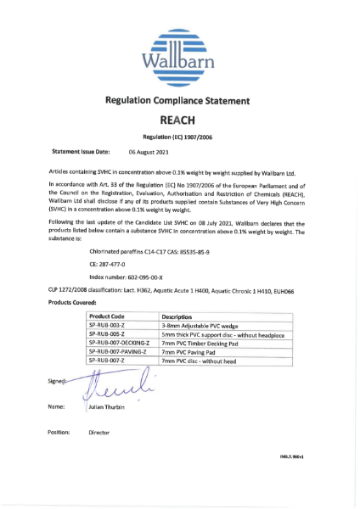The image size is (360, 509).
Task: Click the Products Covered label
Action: tap(74, 302)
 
